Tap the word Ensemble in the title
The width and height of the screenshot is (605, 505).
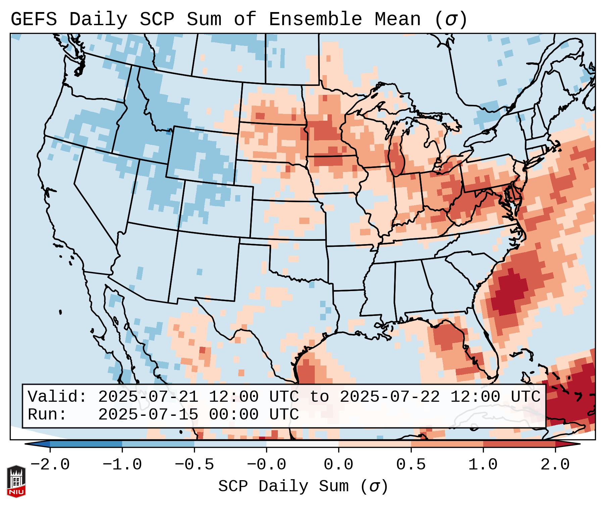tap(315, 19)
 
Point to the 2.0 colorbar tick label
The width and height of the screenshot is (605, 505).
tap(555, 465)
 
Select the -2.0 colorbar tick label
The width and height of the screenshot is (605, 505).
tap(50, 465)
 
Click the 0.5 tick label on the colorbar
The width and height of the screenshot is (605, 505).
tap(411, 465)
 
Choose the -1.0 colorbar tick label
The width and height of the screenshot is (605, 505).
tap(122, 465)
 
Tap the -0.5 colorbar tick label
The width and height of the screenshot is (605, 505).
tap(194, 465)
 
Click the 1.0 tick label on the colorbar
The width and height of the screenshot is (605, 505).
tap(483, 465)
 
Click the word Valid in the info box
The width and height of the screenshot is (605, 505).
tap(57, 397)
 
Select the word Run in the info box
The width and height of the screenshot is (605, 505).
tap(47, 414)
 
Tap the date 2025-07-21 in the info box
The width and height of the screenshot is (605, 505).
tap(148, 397)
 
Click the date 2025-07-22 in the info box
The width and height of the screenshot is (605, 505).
tap(390, 397)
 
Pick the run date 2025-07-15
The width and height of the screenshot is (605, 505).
tap(148, 414)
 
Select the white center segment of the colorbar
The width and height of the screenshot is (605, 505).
tap(302, 444)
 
